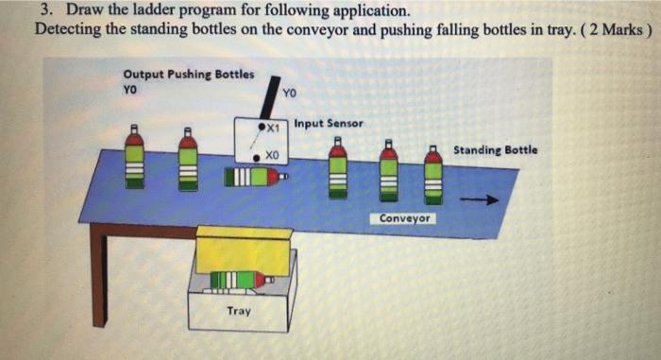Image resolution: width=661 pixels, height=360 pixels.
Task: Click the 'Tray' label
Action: click(x=239, y=310)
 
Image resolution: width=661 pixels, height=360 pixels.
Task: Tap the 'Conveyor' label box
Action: click(x=406, y=218)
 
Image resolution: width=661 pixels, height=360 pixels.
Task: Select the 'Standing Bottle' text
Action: click(x=496, y=149)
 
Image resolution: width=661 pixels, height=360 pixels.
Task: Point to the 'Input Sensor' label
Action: click(x=328, y=123)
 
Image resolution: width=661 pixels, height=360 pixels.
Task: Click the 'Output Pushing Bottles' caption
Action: click(x=188, y=75)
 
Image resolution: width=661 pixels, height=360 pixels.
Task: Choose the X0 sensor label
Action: click(x=271, y=154)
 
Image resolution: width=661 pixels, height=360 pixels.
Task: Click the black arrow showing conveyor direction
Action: click(x=484, y=199)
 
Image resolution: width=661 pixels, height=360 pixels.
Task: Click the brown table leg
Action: click(x=97, y=274)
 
